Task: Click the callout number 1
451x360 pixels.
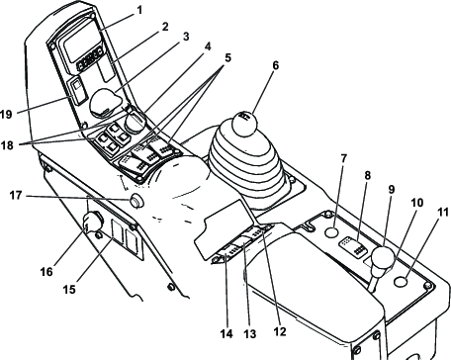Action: coord(139,10)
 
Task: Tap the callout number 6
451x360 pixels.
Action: coord(276,65)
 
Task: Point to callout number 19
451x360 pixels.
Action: coord(6,115)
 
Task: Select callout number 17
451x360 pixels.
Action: coord(16,196)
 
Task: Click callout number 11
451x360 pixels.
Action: coord(443,212)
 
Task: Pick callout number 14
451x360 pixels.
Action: coord(226,333)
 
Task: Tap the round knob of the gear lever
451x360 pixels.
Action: coord(244,124)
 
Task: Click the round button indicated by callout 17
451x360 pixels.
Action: coord(135,201)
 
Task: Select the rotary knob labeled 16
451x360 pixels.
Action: coord(92,221)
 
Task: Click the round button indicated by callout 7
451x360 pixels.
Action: coord(331,232)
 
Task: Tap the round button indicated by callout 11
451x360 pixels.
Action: coord(401,282)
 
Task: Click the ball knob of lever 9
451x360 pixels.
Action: coord(383,258)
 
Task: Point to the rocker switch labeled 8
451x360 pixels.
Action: coord(352,246)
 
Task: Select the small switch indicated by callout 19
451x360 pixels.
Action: coord(77,91)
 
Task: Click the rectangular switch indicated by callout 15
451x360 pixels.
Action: coord(117,232)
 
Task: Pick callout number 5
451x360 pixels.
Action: coord(227,58)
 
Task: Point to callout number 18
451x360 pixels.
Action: coord(7,145)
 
